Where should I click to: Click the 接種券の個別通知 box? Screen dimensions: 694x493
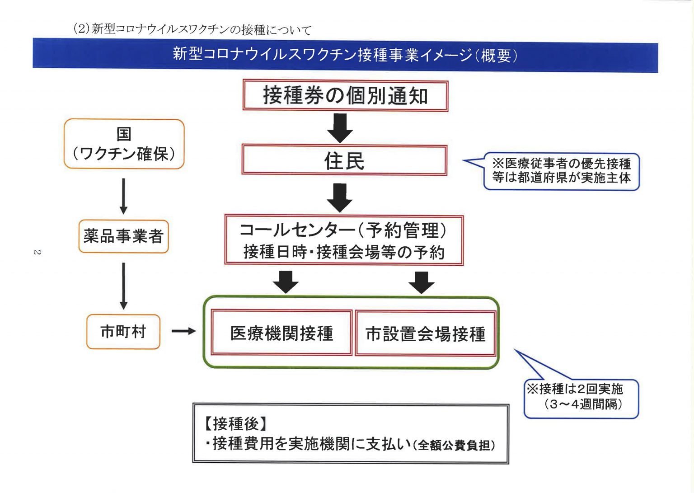coord(345,95)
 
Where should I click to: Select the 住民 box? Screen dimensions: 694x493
coord(344,160)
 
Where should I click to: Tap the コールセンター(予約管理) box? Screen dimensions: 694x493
coord(344,240)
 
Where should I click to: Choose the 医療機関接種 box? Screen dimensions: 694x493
coord(281,333)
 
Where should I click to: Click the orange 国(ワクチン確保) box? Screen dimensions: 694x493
coord(124,144)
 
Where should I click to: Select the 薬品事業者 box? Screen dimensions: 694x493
coord(123,236)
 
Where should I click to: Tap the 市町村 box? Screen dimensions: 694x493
coord(123,332)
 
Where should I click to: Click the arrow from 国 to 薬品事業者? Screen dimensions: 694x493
coord(123,196)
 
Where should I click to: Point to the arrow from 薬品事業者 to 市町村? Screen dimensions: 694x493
coord(124,286)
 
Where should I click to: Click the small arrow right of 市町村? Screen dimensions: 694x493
coord(184,331)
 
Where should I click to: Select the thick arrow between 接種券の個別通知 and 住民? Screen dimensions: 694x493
coord(340,128)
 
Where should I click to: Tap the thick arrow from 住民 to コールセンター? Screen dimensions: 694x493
coord(340,198)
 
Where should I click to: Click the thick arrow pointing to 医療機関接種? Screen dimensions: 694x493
coord(286,282)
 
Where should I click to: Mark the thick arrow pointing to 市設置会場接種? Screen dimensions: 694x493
coord(422,283)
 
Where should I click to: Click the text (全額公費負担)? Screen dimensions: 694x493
coord(454,445)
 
